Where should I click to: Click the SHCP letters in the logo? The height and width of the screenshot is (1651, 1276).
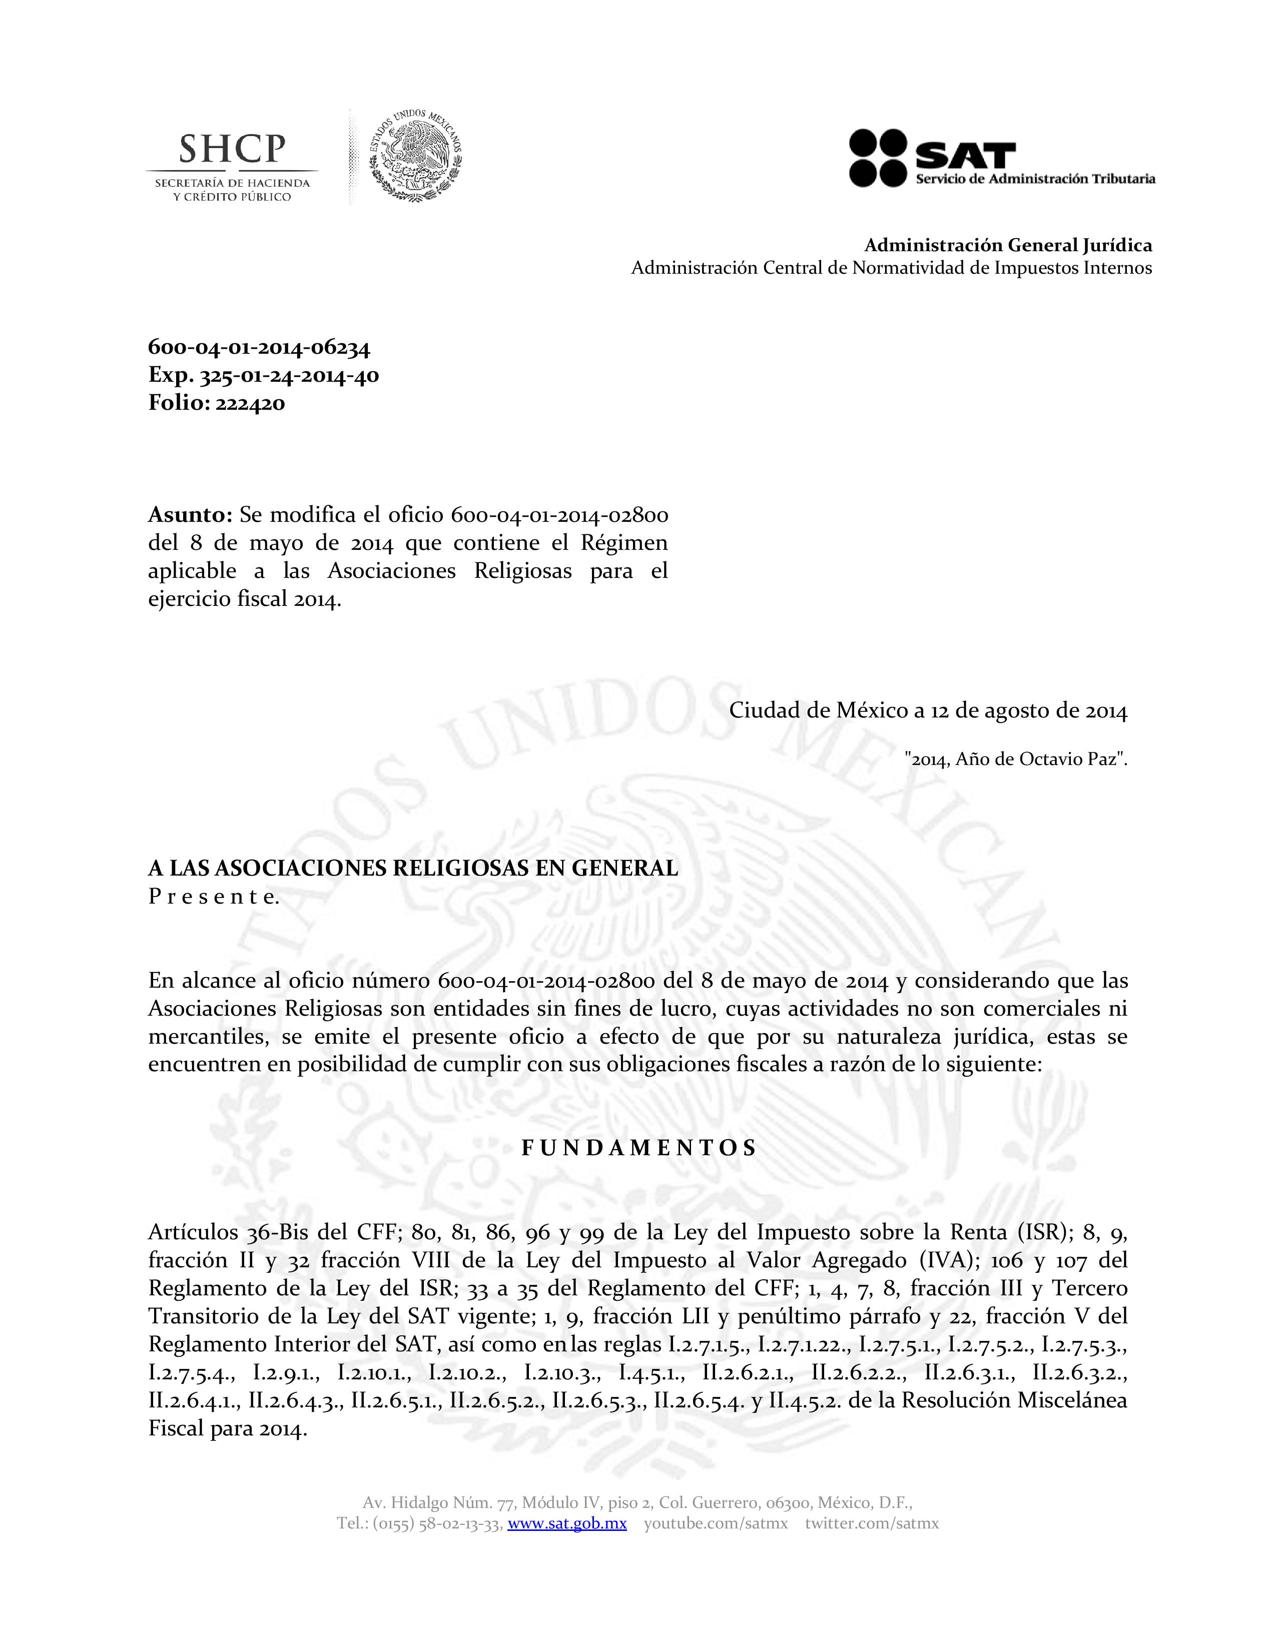click(x=232, y=149)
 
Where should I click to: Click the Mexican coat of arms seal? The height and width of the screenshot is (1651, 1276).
click(x=415, y=156)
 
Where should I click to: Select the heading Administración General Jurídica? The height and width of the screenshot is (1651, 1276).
click(x=1008, y=245)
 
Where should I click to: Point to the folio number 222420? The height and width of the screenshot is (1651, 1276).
click(x=250, y=404)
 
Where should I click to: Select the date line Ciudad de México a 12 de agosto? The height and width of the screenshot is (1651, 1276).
click(x=928, y=711)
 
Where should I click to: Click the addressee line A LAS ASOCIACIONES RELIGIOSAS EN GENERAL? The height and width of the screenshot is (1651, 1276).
click(x=413, y=869)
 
